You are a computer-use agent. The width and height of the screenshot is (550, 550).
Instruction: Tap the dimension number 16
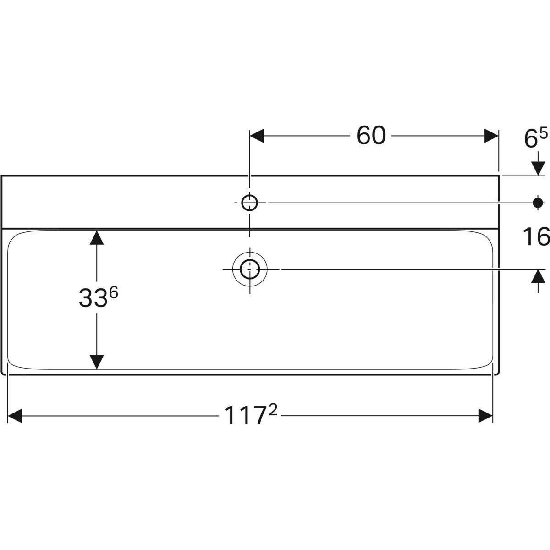(536, 237)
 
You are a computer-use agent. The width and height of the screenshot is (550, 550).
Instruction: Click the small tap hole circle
(249, 202)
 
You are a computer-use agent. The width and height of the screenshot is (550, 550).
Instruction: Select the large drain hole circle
(249, 269)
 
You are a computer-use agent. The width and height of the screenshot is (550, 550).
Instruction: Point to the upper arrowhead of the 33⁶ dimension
(96, 237)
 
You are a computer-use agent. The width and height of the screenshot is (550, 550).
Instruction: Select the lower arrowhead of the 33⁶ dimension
(96, 362)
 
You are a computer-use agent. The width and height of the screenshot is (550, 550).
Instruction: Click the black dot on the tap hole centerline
(538, 202)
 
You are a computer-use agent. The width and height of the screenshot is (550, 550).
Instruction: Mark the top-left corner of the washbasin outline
(2, 176)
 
